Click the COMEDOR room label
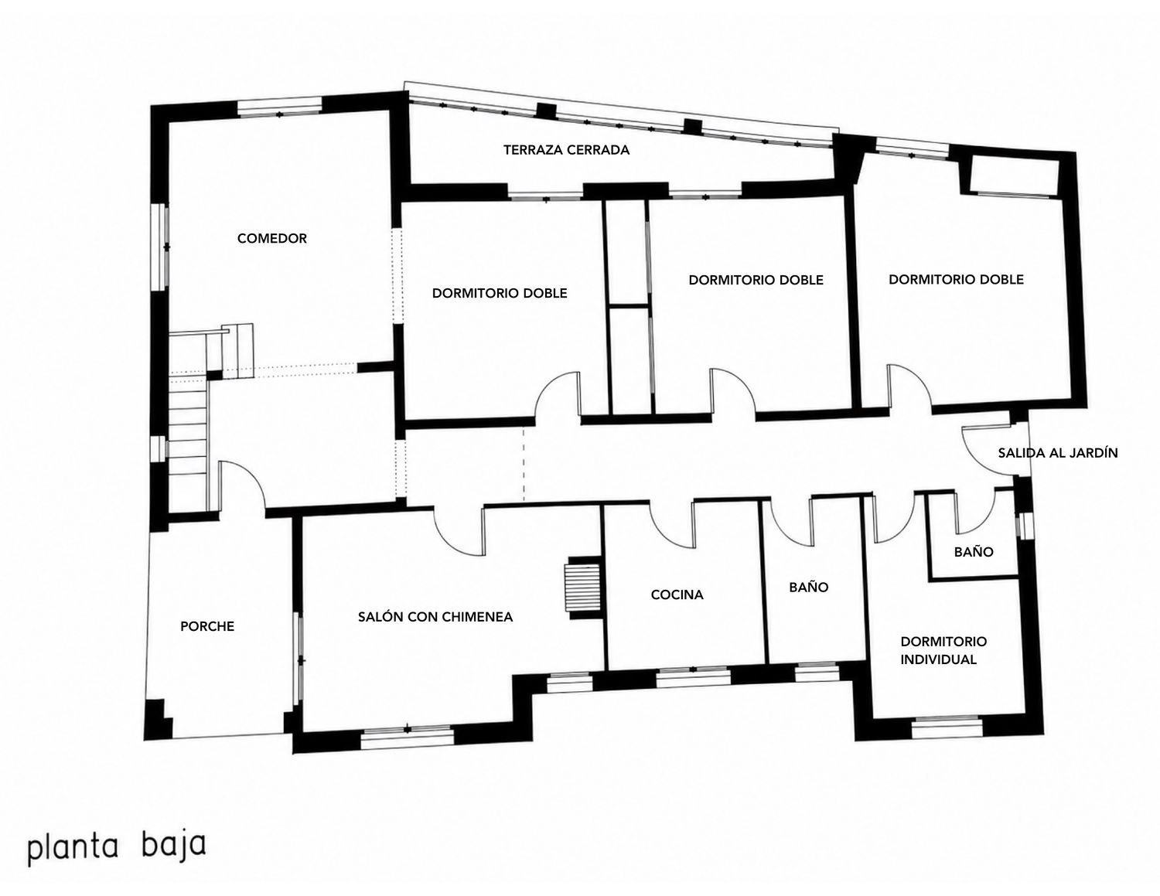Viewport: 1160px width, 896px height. (x=271, y=238)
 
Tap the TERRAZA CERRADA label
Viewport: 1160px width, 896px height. (x=566, y=150)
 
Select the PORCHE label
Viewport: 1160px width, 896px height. (x=207, y=626)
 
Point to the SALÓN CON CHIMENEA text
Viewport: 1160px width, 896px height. (x=435, y=616)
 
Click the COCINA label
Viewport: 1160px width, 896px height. (x=677, y=594)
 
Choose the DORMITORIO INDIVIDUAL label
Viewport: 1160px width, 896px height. (x=943, y=650)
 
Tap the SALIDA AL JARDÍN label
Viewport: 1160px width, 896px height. (x=1057, y=452)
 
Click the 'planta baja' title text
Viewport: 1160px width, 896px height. (x=116, y=847)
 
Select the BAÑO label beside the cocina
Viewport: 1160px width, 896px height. (x=809, y=587)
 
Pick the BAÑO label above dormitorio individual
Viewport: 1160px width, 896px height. (x=974, y=551)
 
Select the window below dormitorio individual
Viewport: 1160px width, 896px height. (x=947, y=728)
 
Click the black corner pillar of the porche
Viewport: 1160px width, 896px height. (x=158, y=718)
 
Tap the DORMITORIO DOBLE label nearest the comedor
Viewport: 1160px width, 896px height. (x=499, y=292)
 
